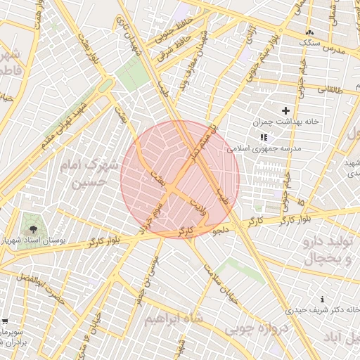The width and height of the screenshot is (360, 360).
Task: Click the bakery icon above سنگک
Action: coord(309,33)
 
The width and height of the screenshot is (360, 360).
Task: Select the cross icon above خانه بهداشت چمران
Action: coord(285,110)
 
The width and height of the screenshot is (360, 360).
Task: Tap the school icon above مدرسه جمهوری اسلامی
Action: coord(264,138)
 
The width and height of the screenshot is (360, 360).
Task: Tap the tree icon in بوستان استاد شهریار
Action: coord(32,229)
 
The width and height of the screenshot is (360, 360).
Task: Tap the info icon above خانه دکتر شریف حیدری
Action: coord(323,299)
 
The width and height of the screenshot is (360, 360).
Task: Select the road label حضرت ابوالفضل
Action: coord(41,291)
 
